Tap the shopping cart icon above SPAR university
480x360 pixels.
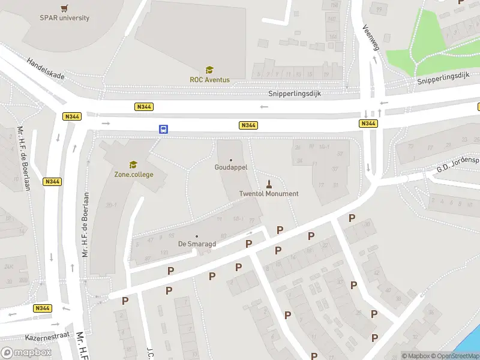pyautogui.click(x=65, y=8)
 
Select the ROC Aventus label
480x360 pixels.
pyautogui.click(x=209, y=80)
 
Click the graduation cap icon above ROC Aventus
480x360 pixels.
pyautogui.click(x=209, y=70)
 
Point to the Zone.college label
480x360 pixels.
pyautogui.click(x=134, y=175)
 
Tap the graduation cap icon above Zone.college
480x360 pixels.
pyautogui.click(x=133, y=164)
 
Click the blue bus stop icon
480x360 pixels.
pyautogui.click(x=163, y=129)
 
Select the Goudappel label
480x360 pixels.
pyautogui.click(x=231, y=168)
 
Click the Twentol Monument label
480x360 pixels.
pyautogui.click(x=268, y=194)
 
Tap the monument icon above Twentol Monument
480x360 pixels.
pyautogui.click(x=269, y=184)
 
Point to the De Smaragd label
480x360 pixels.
pyautogui.click(x=197, y=244)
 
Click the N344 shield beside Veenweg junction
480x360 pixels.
pyautogui.click(x=368, y=124)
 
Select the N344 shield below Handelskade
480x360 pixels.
pyautogui.click(x=73, y=116)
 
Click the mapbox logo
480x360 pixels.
pyautogui.click(x=26, y=353)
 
